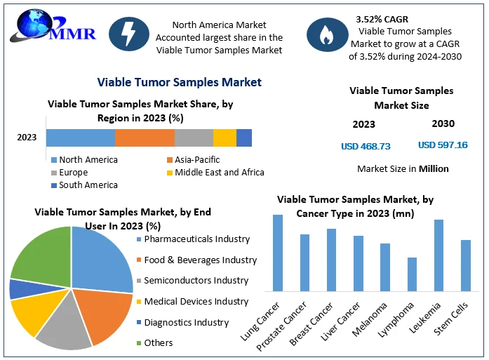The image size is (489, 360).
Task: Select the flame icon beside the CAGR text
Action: [326, 36]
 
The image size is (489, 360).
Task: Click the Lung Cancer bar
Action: [278, 253]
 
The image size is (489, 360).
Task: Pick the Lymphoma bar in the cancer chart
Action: [412, 274]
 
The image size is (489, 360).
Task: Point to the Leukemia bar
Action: [438, 255]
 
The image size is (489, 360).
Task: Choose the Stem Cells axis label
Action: [457, 318]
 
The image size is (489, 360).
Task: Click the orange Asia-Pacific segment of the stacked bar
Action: [145, 138]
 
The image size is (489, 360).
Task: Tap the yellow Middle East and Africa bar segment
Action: [225, 138]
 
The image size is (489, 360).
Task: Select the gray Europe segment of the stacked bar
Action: [194, 138]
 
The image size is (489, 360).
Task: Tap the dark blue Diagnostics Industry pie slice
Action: [20, 288]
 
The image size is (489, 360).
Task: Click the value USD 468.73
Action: [365, 146]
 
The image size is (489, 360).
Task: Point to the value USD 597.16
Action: [443, 145]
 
